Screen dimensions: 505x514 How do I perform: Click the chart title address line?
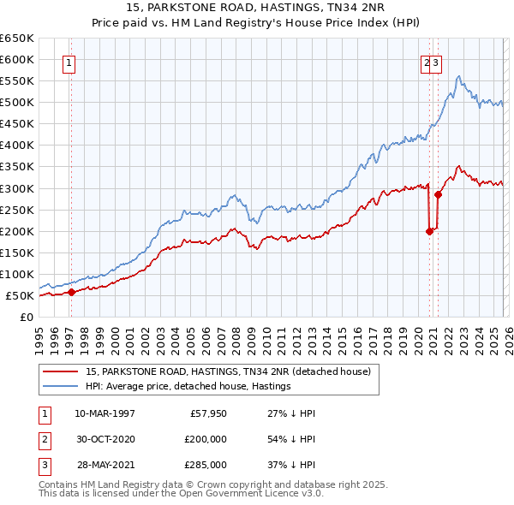(257, 9)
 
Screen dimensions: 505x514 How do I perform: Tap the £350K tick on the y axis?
(17, 167)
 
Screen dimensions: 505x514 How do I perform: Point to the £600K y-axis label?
(17, 59)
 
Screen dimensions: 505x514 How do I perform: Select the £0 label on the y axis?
(26, 318)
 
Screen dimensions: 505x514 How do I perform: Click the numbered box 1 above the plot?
(68, 62)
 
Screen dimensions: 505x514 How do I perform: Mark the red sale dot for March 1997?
(72, 292)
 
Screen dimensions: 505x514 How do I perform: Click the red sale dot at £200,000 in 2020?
(429, 230)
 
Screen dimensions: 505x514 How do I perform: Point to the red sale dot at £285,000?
(438, 194)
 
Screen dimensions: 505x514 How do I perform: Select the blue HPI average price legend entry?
(188, 386)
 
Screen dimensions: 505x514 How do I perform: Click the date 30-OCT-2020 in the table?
(105, 438)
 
